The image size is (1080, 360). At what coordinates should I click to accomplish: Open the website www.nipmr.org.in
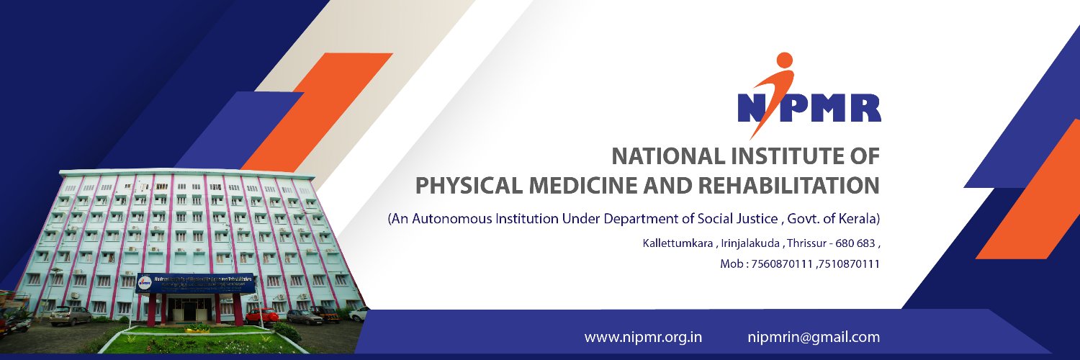point(643,337)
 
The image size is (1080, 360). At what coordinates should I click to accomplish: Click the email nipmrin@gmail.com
point(814,337)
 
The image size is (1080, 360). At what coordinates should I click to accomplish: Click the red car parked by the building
point(261,315)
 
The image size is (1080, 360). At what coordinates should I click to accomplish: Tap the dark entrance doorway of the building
point(189,310)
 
